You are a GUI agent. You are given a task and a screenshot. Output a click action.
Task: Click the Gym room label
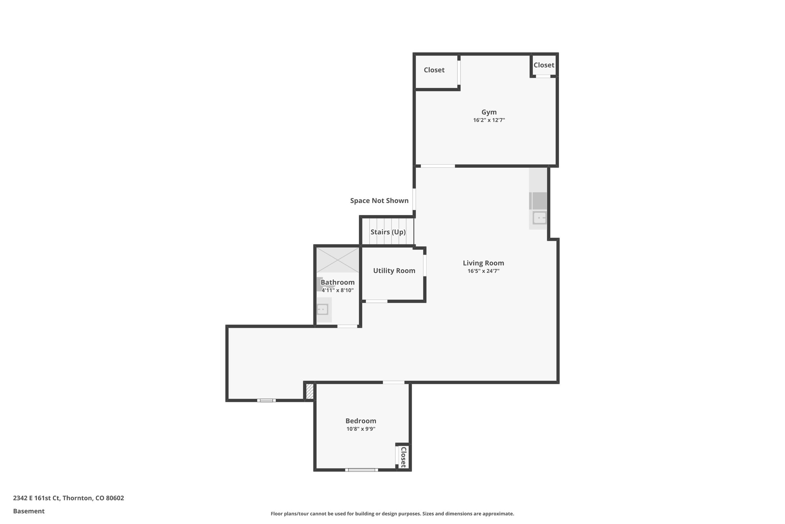pos(489,112)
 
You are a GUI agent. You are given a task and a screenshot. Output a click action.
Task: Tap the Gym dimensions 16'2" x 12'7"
pos(489,120)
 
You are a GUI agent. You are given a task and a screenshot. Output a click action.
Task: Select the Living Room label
pos(483,263)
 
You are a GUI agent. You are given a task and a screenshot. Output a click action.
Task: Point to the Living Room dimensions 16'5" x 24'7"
pos(483,271)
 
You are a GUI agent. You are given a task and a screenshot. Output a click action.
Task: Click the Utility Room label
pos(394,271)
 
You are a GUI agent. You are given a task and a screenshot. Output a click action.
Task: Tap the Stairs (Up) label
pos(388,232)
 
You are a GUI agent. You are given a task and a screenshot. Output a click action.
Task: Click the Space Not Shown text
pos(379,200)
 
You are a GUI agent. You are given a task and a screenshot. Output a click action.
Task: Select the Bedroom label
pos(361,421)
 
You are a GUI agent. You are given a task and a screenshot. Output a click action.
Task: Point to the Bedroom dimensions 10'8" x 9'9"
pos(361,429)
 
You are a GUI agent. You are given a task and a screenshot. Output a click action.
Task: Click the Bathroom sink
pos(322,309)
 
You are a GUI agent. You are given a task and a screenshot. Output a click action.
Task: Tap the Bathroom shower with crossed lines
pos(337,260)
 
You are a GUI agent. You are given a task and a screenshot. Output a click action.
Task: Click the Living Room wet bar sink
pos(539,218)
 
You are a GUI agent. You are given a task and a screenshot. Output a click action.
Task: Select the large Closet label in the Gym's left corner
pos(434,70)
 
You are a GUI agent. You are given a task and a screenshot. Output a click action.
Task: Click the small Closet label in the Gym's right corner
pos(544,65)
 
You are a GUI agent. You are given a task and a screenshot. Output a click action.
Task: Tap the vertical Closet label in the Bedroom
pos(403,457)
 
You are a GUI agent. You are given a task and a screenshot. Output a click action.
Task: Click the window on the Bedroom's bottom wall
pos(361,469)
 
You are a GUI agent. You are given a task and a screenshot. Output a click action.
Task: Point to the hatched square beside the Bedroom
pos(310,392)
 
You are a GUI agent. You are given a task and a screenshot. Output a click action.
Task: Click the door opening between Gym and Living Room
pos(438,166)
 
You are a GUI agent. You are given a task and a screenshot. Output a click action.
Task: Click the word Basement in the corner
pos(29,511)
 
